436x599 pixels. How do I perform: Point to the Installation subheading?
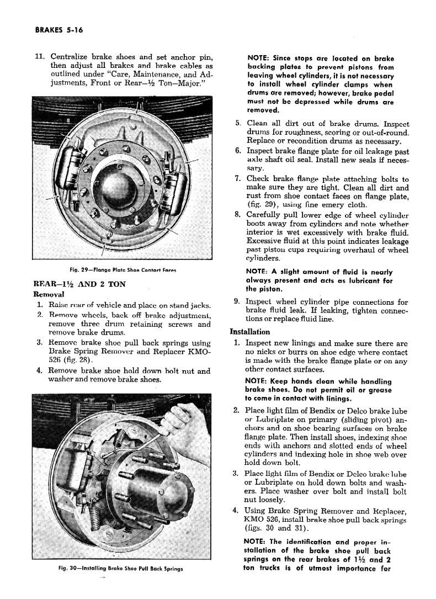(249, 332)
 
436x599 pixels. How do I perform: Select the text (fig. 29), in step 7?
(264, 205)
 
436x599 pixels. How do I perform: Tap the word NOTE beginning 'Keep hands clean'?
(257, 381)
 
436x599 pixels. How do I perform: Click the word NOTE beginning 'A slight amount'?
(257, 272)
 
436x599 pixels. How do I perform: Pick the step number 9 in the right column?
(236, 301)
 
